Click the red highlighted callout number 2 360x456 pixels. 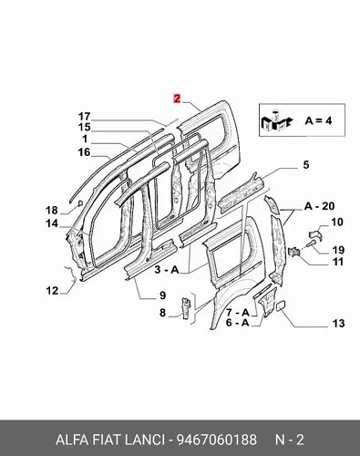[177, 98]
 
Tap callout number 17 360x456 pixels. [85, 117]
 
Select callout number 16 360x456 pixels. [84, 152]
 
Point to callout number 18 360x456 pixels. [52, 210]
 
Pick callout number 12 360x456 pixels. [52, 291]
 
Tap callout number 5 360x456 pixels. [306, 165]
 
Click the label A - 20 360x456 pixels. [319, 206]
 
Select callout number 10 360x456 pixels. [337, 222]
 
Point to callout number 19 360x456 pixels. [338, 250]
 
